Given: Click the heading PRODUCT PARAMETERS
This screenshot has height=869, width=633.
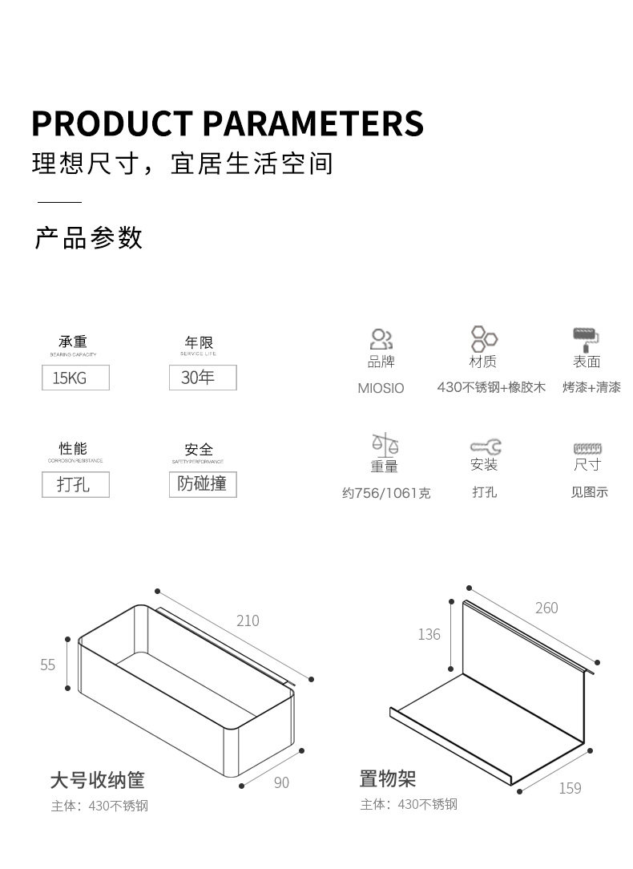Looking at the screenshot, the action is [x=227, y=123].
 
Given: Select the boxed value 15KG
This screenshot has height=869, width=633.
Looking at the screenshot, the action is [x=75, y=378].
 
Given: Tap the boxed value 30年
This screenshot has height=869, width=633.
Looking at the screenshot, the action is [x=203, y=377].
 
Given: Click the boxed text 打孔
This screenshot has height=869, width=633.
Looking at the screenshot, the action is [x=75, y=484].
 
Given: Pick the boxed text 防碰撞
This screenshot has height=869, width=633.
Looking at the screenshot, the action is [x=203, y=483].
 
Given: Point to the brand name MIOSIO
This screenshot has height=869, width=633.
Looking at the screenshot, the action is [x=381, y=388].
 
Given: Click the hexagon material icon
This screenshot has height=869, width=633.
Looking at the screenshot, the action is [x=483, y=337].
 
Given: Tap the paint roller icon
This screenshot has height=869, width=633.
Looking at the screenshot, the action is [x=587, y=337].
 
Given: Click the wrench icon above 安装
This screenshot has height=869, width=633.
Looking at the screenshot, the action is [x=485, y=446].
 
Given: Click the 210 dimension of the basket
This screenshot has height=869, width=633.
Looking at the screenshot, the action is [x=248, y=620].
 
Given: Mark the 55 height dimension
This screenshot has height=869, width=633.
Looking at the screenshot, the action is [x=48, y=665].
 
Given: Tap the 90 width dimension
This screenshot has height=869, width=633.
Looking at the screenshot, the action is [x=281, y=782].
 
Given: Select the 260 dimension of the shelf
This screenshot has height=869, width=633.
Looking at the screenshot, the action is [x=546, y=608].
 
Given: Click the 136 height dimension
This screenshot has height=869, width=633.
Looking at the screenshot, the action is [x=429, y=635].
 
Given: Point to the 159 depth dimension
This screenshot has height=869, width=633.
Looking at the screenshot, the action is [x=570, y=788].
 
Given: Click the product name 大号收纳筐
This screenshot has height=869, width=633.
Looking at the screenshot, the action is [x=97, y=779].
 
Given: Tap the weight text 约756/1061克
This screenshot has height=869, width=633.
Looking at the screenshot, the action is [x=386, y=493].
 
